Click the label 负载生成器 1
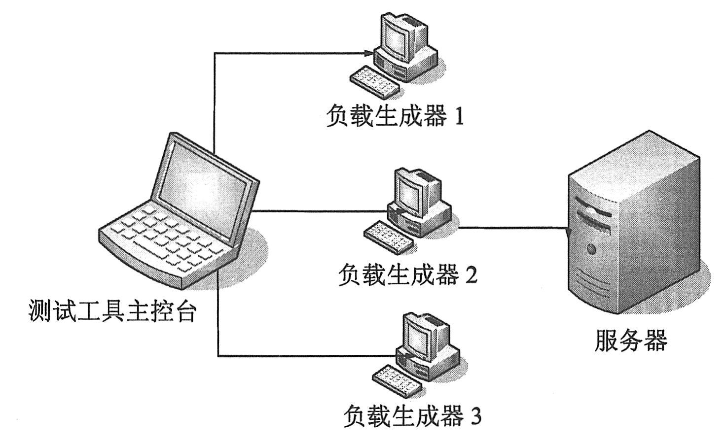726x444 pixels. click(x=395, y=117)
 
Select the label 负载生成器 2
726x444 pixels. click(x=407, y=275)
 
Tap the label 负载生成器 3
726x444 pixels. click(x=412, y=417)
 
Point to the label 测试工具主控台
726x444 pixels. click(x=113, y=312)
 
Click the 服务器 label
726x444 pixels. click(x=631, y=341)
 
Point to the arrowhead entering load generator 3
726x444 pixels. click(x=405, y=355)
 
